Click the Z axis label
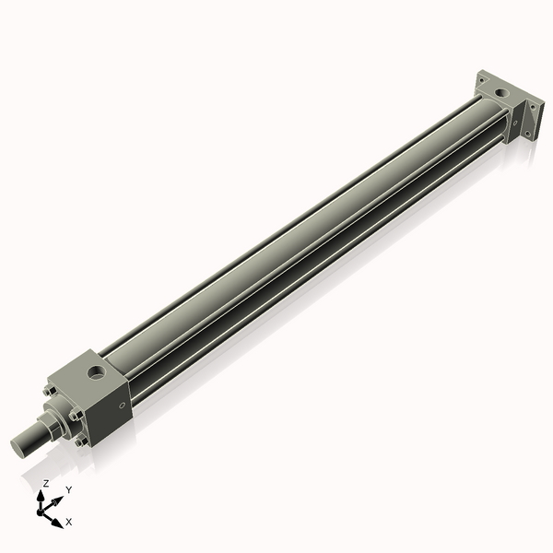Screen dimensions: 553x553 [x=46, y=483]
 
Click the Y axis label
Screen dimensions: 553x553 [x=68, y=489]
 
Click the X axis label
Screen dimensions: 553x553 [x=69, y=522]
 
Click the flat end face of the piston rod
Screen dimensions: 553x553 [x=18, y=449]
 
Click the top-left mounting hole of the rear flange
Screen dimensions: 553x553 [x=480, y=81]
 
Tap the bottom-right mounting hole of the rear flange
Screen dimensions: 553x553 [x=527, y=135]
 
